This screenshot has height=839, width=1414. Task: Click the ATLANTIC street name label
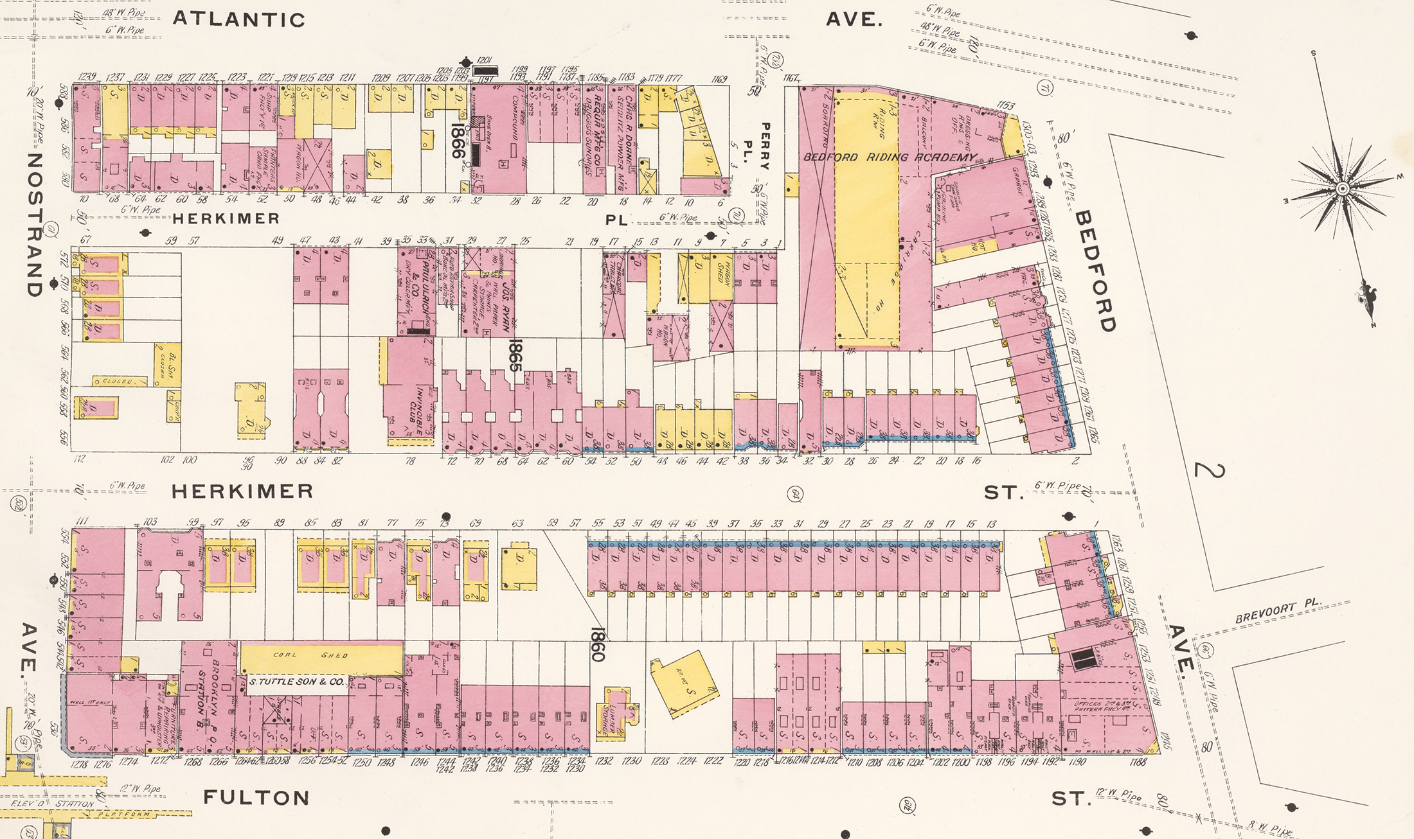pyautogui.click(x=238, y=19)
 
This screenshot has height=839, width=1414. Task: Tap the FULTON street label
pyautogui.click(x=256, y=798)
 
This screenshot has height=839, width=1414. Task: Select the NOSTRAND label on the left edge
pyautogui.click(x=35, y=224)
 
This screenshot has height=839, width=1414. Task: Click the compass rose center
pyautogui.click(x=1342, y=188)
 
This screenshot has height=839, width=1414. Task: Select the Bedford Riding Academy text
pyautogui.click(x=890, y=157)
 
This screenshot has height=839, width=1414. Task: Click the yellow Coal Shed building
pyautogui.click(x=320, y=656)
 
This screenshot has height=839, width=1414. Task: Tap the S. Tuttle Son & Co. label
pyautogui.click(x=296, y=682)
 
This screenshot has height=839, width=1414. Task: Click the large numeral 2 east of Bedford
pyautogui.click(x=1208, y=470)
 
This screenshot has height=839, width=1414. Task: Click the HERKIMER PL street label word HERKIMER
pyautogui.click(x=226, y=218)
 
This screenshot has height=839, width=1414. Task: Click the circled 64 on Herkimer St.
pyautogui.click(x=794, y=495)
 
